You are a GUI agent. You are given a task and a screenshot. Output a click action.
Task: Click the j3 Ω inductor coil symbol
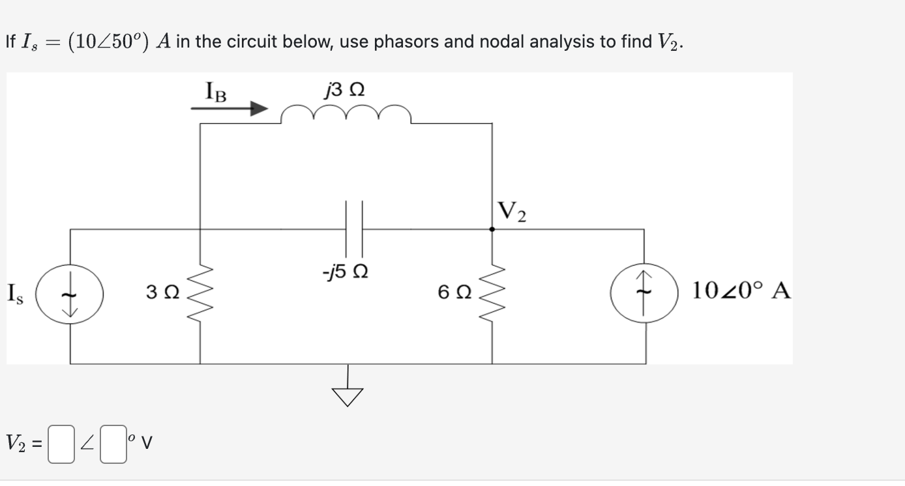coord(346,115)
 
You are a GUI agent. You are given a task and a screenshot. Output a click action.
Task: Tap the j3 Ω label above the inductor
coord(346,90)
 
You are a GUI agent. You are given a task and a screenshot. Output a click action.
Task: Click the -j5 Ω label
coord(345,271)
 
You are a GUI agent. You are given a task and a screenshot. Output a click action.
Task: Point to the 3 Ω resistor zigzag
coord(198,290)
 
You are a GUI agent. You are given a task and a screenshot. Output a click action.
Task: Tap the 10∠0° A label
coord(741,290)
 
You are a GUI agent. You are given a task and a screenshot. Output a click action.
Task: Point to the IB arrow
coord(229,108)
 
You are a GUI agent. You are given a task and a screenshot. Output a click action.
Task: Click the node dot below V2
coord(492,229)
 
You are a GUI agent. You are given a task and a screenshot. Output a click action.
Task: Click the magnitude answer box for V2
coord(60,444)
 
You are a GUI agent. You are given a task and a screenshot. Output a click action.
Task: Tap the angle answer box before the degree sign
coord(113,444)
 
